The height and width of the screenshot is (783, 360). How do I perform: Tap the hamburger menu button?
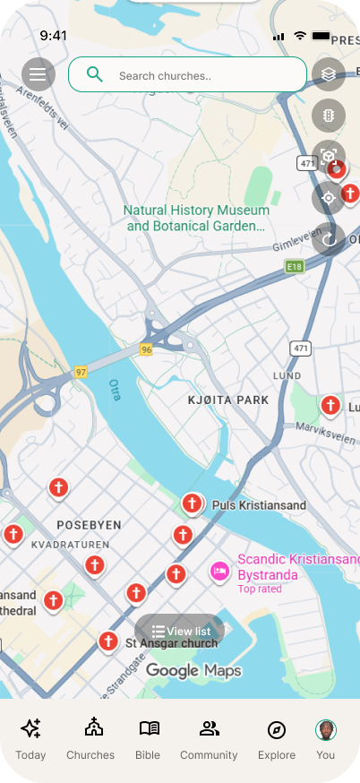(x=38, y=73)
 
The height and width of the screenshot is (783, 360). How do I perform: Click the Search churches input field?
(x=187, y=75)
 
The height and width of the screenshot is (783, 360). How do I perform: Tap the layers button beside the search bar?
(x=329, y=74)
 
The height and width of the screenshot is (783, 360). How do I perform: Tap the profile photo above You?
(x=325, y=728)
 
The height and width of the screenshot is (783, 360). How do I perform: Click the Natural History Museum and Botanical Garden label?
(x=196, y=218)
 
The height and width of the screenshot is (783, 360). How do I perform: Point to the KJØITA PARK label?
(x=229, y=400)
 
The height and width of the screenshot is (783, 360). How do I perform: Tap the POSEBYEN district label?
(x=89, y=524)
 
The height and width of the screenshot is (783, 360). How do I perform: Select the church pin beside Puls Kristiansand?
(x=192, y=504)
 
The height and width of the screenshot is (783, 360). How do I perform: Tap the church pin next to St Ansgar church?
(x=108, y=641)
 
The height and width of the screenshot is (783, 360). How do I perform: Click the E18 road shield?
(x=294, y=266)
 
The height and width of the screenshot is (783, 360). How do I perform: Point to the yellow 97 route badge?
(x=81, y=371)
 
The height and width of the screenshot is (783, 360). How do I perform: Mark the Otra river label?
(x=115, y=391)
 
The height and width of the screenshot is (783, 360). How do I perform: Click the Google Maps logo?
(x=193, y=670)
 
